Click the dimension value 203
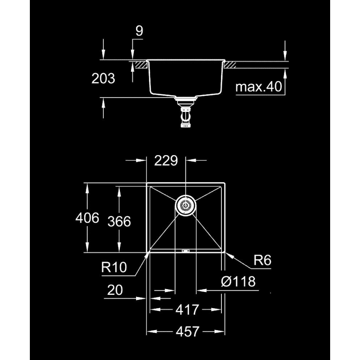click(x=103, y=78)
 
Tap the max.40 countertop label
click(x=258, y=87)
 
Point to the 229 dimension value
click(x=166, y=161)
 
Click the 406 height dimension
click(x=87, y=218)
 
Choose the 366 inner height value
click(x=119, y=221)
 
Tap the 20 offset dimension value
click(x=114, y=290)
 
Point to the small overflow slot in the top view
click(x=185, y=251)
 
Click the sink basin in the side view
click(x=185, y=79)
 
